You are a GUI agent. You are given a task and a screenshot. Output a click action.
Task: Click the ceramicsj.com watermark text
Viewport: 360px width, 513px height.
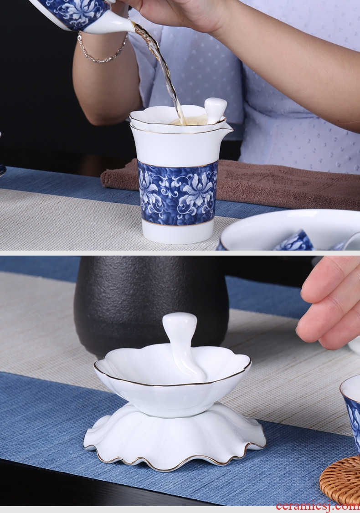pyautogui.click(x=318, y=505)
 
